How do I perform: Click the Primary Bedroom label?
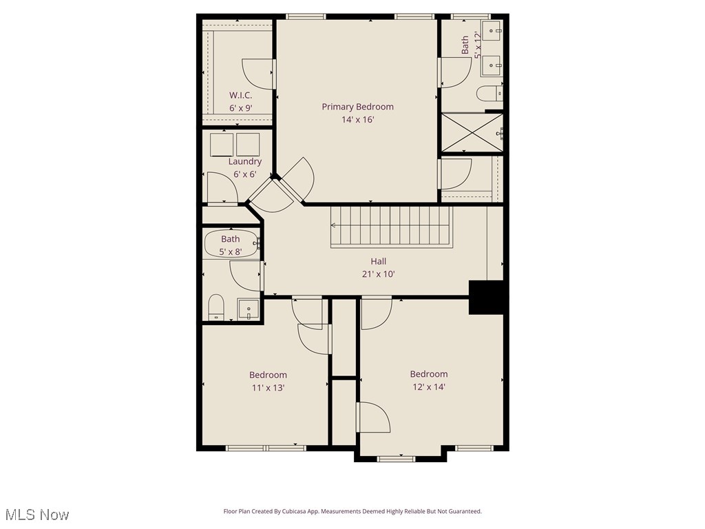pyautogui.click(x=357, y=107)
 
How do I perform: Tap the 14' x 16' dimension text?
pyautogui.click(x=357, y=120)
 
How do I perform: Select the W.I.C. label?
pyautogui.click(x=240, y=95)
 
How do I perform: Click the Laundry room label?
pyautogui.click(x=244, y=161)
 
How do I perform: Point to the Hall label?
pyautogui.click(x=378, y=261)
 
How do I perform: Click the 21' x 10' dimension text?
pyautogui.click(x=378, y=273)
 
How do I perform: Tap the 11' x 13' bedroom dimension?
pyautogui.click(x=268, y=388)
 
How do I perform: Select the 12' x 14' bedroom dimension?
pyautogui.click(x=428, y=387)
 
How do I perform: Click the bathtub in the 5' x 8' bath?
pyautogui.click(x=231, y=243)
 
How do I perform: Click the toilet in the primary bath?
pyautogui.click(x=490, y=93)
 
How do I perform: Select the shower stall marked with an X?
pyautogui.click(x=471, y=132)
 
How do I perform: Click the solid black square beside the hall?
pyautogui.click(x=488, y=298)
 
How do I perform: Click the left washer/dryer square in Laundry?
pyautogui.click(x=222, y=145)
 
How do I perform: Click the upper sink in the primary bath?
pyautogui.click(x=493, y=30)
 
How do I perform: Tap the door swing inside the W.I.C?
pyautogui.click(x=258, y=74)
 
